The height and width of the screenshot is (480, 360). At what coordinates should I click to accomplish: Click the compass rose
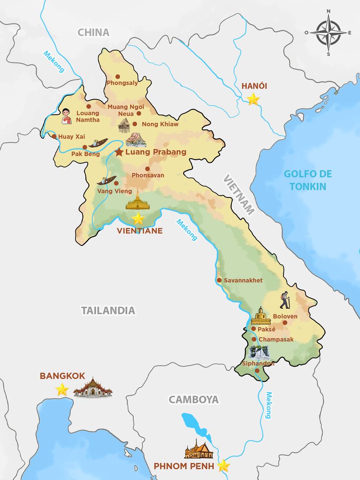(328, 32)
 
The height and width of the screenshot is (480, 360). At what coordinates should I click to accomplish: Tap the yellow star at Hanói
(253, 99)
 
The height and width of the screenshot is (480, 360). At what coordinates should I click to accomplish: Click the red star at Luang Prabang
(119, 152)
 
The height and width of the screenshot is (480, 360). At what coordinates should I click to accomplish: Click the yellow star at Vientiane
(138, 219)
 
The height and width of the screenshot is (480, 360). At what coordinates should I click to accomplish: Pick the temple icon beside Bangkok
(93, 387)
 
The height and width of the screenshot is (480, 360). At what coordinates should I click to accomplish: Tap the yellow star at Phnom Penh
(223, 466)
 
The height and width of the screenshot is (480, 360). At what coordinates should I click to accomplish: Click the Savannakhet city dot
(219, 280)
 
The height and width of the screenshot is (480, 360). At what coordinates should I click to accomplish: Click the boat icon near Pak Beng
(98, 143)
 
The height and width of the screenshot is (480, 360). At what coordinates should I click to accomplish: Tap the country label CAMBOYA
(193, 399)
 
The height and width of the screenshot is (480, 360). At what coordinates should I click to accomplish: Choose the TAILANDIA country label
(108, 310)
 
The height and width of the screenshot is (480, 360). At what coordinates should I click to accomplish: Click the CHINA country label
(94, 32)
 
